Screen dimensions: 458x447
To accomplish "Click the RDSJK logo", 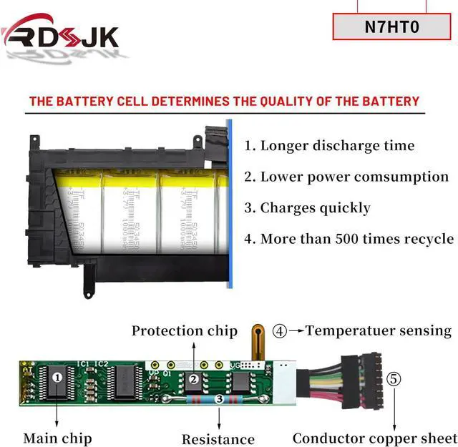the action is pos(60,34).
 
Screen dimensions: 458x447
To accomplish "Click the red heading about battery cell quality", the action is pos(224,101).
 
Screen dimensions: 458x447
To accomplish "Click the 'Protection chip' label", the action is pos(184,330).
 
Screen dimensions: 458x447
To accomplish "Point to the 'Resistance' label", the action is pos(218,439).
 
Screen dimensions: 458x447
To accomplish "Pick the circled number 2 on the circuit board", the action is pos(193,380).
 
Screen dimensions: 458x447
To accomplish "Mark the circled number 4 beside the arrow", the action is pos(280,331).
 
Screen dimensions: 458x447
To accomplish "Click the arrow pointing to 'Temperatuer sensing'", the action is pos(296,331).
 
